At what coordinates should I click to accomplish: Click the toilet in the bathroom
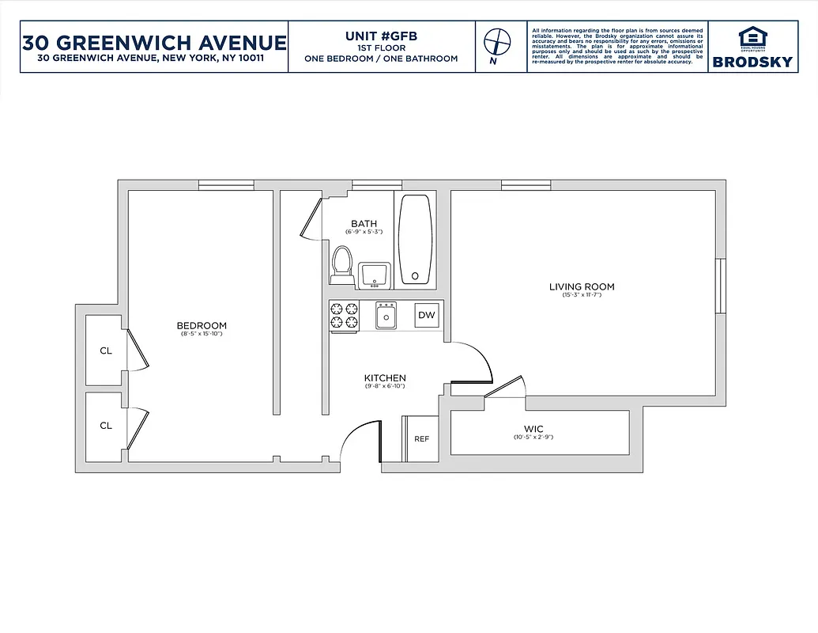342,264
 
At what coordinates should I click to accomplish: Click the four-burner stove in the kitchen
344,316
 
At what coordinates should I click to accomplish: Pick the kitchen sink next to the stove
386,316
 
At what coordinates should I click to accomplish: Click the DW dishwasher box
426,315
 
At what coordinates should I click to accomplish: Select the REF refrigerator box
421,438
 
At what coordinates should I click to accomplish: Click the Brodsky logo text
752,62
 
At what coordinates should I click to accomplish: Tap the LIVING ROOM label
582,286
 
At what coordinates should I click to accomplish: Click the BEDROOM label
202,325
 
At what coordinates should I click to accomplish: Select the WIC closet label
533,429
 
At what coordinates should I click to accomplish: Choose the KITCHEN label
385,378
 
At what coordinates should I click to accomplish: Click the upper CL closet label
106,351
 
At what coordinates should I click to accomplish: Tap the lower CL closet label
106,425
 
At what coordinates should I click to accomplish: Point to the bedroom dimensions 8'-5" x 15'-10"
202,335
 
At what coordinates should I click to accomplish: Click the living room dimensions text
582,295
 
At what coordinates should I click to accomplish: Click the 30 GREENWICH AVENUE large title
154,41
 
